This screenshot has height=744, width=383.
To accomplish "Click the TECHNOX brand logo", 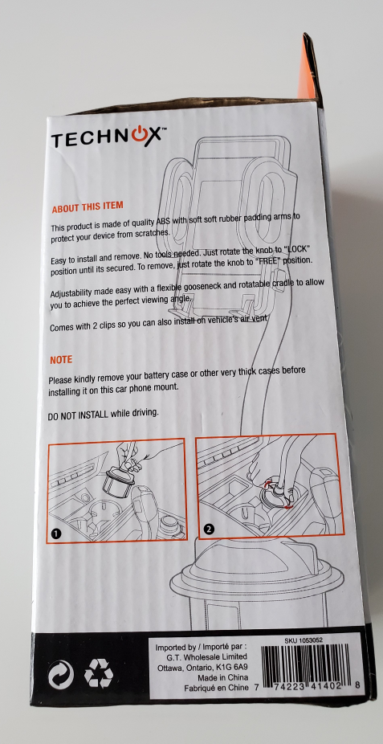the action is [x=108, y=138].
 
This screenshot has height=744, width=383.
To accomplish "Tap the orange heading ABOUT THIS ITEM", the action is [x=88, y=207].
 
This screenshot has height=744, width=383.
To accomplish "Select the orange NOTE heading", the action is [x=61, y=360].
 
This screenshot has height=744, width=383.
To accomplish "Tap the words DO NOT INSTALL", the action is [x=78, y=415].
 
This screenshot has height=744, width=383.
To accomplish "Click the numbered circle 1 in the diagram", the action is [x=56, y=533].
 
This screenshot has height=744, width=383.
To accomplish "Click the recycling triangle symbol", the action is [x=99, y=674].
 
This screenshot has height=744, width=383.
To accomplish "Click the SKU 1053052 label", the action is [x=304, y=640].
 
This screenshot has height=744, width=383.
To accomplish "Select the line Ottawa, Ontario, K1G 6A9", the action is [x=202, y=668].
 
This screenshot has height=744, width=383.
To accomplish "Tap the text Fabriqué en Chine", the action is [x=216, y=688].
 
